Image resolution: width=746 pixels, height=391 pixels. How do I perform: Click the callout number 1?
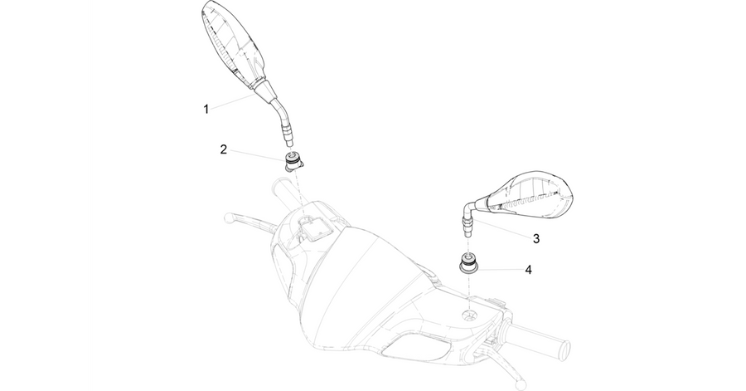pyautogui.click(x=206, y=110)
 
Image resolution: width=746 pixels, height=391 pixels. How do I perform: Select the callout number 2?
pyautogui.click(x=224, y=149)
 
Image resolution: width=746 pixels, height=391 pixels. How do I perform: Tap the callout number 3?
pyautogui.click(x=536, y=238)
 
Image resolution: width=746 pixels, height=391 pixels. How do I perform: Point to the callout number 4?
pyautogui.click(x=528, y=270)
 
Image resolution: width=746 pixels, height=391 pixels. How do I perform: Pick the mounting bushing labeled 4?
pyautogui.click(x=468, y=263)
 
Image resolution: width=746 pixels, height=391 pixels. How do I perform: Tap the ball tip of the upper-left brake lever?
pyautogui.click(x=228, y=217)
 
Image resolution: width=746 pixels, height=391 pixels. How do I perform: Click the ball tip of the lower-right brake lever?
pyautogui.click(x=521, y=383)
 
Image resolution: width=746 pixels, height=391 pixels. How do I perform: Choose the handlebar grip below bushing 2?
pyautogui.click(x=284, y=196)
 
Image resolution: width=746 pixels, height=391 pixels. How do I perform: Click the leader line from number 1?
pyautogui.click(x=232, y=101)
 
